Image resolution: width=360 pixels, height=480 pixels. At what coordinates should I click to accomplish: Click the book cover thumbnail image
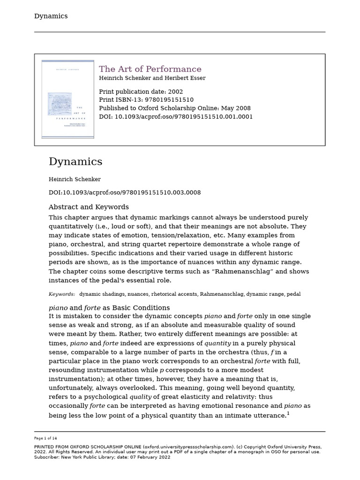67,99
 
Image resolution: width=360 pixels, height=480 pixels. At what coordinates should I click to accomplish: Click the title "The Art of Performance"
150,69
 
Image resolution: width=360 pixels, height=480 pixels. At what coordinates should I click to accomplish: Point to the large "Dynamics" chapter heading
75,162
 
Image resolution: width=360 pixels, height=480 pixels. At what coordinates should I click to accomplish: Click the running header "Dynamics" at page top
51,16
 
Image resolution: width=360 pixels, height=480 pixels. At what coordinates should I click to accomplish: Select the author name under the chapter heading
75,180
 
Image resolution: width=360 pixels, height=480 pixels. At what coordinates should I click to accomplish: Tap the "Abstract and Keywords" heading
89,207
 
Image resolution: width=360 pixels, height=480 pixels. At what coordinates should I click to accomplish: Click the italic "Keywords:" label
62,294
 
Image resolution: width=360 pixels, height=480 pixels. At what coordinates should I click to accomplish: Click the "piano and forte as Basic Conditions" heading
109,308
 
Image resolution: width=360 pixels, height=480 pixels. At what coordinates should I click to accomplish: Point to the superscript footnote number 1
288,413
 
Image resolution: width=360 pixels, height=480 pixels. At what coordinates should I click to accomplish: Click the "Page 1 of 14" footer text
45,438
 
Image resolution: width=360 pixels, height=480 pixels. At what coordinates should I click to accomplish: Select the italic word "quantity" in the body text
217,343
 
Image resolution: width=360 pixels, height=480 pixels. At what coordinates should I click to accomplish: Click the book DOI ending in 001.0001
183,117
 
